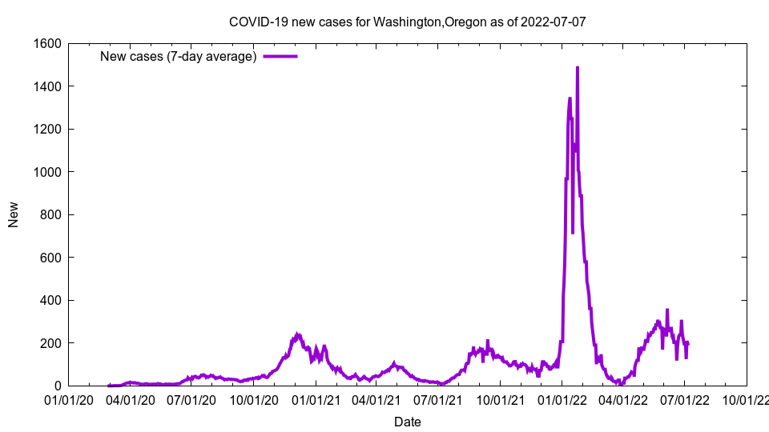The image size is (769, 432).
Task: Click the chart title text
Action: (407, 22)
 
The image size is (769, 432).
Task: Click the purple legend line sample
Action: (280, 56)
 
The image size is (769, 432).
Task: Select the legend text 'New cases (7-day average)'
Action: (178, 56)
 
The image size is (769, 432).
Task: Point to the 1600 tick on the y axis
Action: (49, 43)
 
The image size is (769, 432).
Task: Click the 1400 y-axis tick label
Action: (49, 86)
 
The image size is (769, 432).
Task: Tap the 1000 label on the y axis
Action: (49, 172)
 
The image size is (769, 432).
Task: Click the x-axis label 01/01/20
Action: (69, 398)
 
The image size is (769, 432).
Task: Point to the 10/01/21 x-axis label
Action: (500, 398)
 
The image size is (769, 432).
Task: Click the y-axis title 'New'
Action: (14, 214)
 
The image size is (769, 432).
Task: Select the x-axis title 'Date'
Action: (407, 422)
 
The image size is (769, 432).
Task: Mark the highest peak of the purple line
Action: (577, 68)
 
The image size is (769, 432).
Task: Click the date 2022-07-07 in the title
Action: (553, 22)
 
